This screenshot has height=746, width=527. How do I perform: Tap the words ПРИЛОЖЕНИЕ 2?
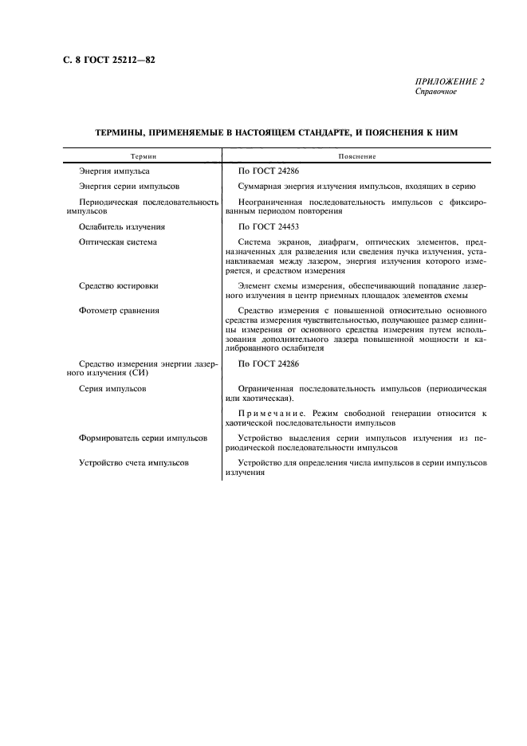pos(450,82)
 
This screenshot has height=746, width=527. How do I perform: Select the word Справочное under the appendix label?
pos(436,92)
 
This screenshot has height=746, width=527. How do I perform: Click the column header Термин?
pos(144,157)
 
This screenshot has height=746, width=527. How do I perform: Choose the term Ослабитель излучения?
pos(122,226)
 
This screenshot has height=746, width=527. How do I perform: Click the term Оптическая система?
pos(118,241)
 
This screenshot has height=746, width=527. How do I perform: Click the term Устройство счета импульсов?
pos(134,463)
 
